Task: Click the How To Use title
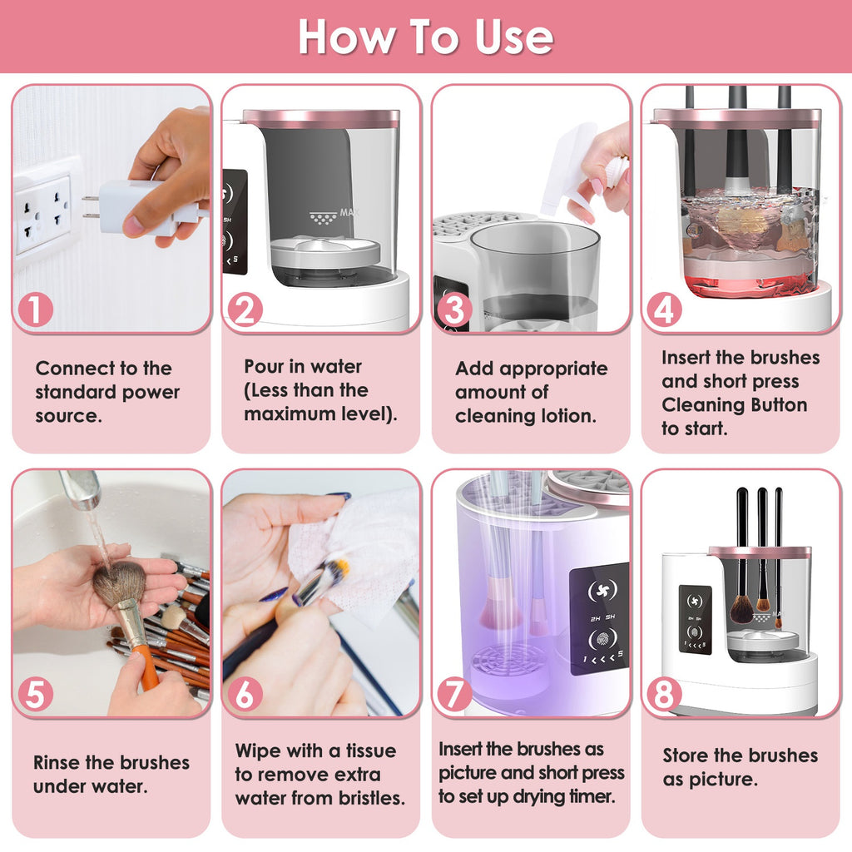click(x=425, y=37)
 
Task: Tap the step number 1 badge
click(x=34, y=310)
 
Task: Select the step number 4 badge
click(x=664, y=310)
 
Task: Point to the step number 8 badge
click(x=664, y=694)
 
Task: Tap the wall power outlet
click(x=42, y=213)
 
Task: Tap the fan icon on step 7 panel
click(x=598, y=590)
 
